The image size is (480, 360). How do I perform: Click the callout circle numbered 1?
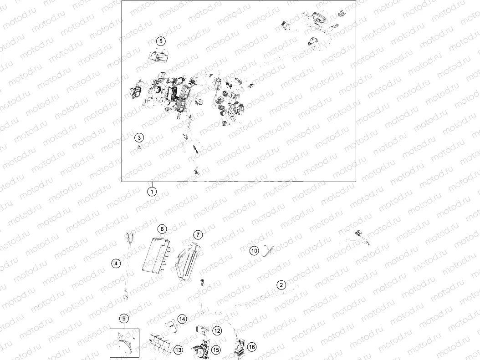tap(152, 192)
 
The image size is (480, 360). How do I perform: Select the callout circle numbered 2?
tap(281, 285)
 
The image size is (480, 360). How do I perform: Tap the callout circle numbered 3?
tap(139, 137)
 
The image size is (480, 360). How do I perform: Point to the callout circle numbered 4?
tap(116, 264)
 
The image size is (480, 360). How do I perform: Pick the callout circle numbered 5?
tap(161, 41)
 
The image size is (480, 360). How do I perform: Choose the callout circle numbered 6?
tap(162, 229)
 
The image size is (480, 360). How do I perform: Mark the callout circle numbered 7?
tap(198, 234)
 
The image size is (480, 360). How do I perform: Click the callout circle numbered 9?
tap(124, 319)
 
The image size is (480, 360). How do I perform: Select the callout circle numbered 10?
tap(254, 251)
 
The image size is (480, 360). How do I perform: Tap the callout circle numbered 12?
tap(217, 330)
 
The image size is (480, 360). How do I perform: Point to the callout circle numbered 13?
tap(178, 350)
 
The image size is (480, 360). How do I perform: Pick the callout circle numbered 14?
tap(182, 319)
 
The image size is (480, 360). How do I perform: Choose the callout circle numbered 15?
tap(216, 350)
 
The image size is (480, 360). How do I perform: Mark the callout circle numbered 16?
tap(252, 347)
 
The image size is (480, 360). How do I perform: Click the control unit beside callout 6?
tap(156, 254)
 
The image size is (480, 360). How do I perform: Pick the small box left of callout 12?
tap(202, 330)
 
